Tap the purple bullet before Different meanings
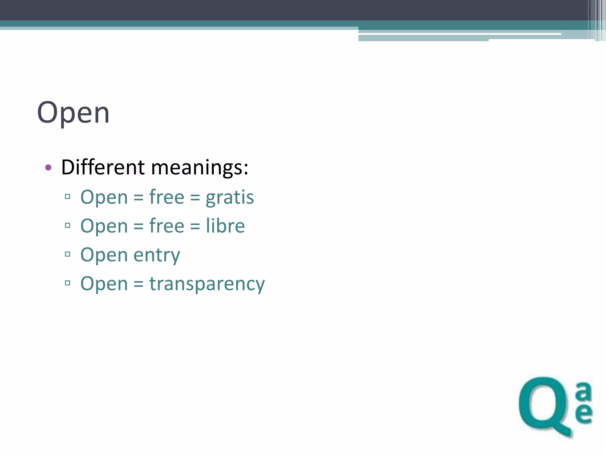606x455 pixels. click(x=48, y=168)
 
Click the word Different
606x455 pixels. click(x=103, y=167)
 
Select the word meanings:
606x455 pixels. click(x=199, y=168)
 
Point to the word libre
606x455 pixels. click(x=225, y=226)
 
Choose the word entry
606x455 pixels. click(x=157, y=255)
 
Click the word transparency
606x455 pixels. click(x=207, y=284)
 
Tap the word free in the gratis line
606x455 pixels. click(x=167, y=197)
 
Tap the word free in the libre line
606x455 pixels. click(x=167, y=226)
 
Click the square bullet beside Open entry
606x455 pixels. click(x=67, y=254)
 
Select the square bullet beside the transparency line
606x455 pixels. click(x=67, y=283)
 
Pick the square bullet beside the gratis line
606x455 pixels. click(x=67, y=196)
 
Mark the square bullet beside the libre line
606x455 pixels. click(x=67, y=225)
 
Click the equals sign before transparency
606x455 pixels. click(x=138, y=284)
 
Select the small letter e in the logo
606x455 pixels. click(x=584, y=413)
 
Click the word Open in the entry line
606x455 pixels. click(x=104, y=255)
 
